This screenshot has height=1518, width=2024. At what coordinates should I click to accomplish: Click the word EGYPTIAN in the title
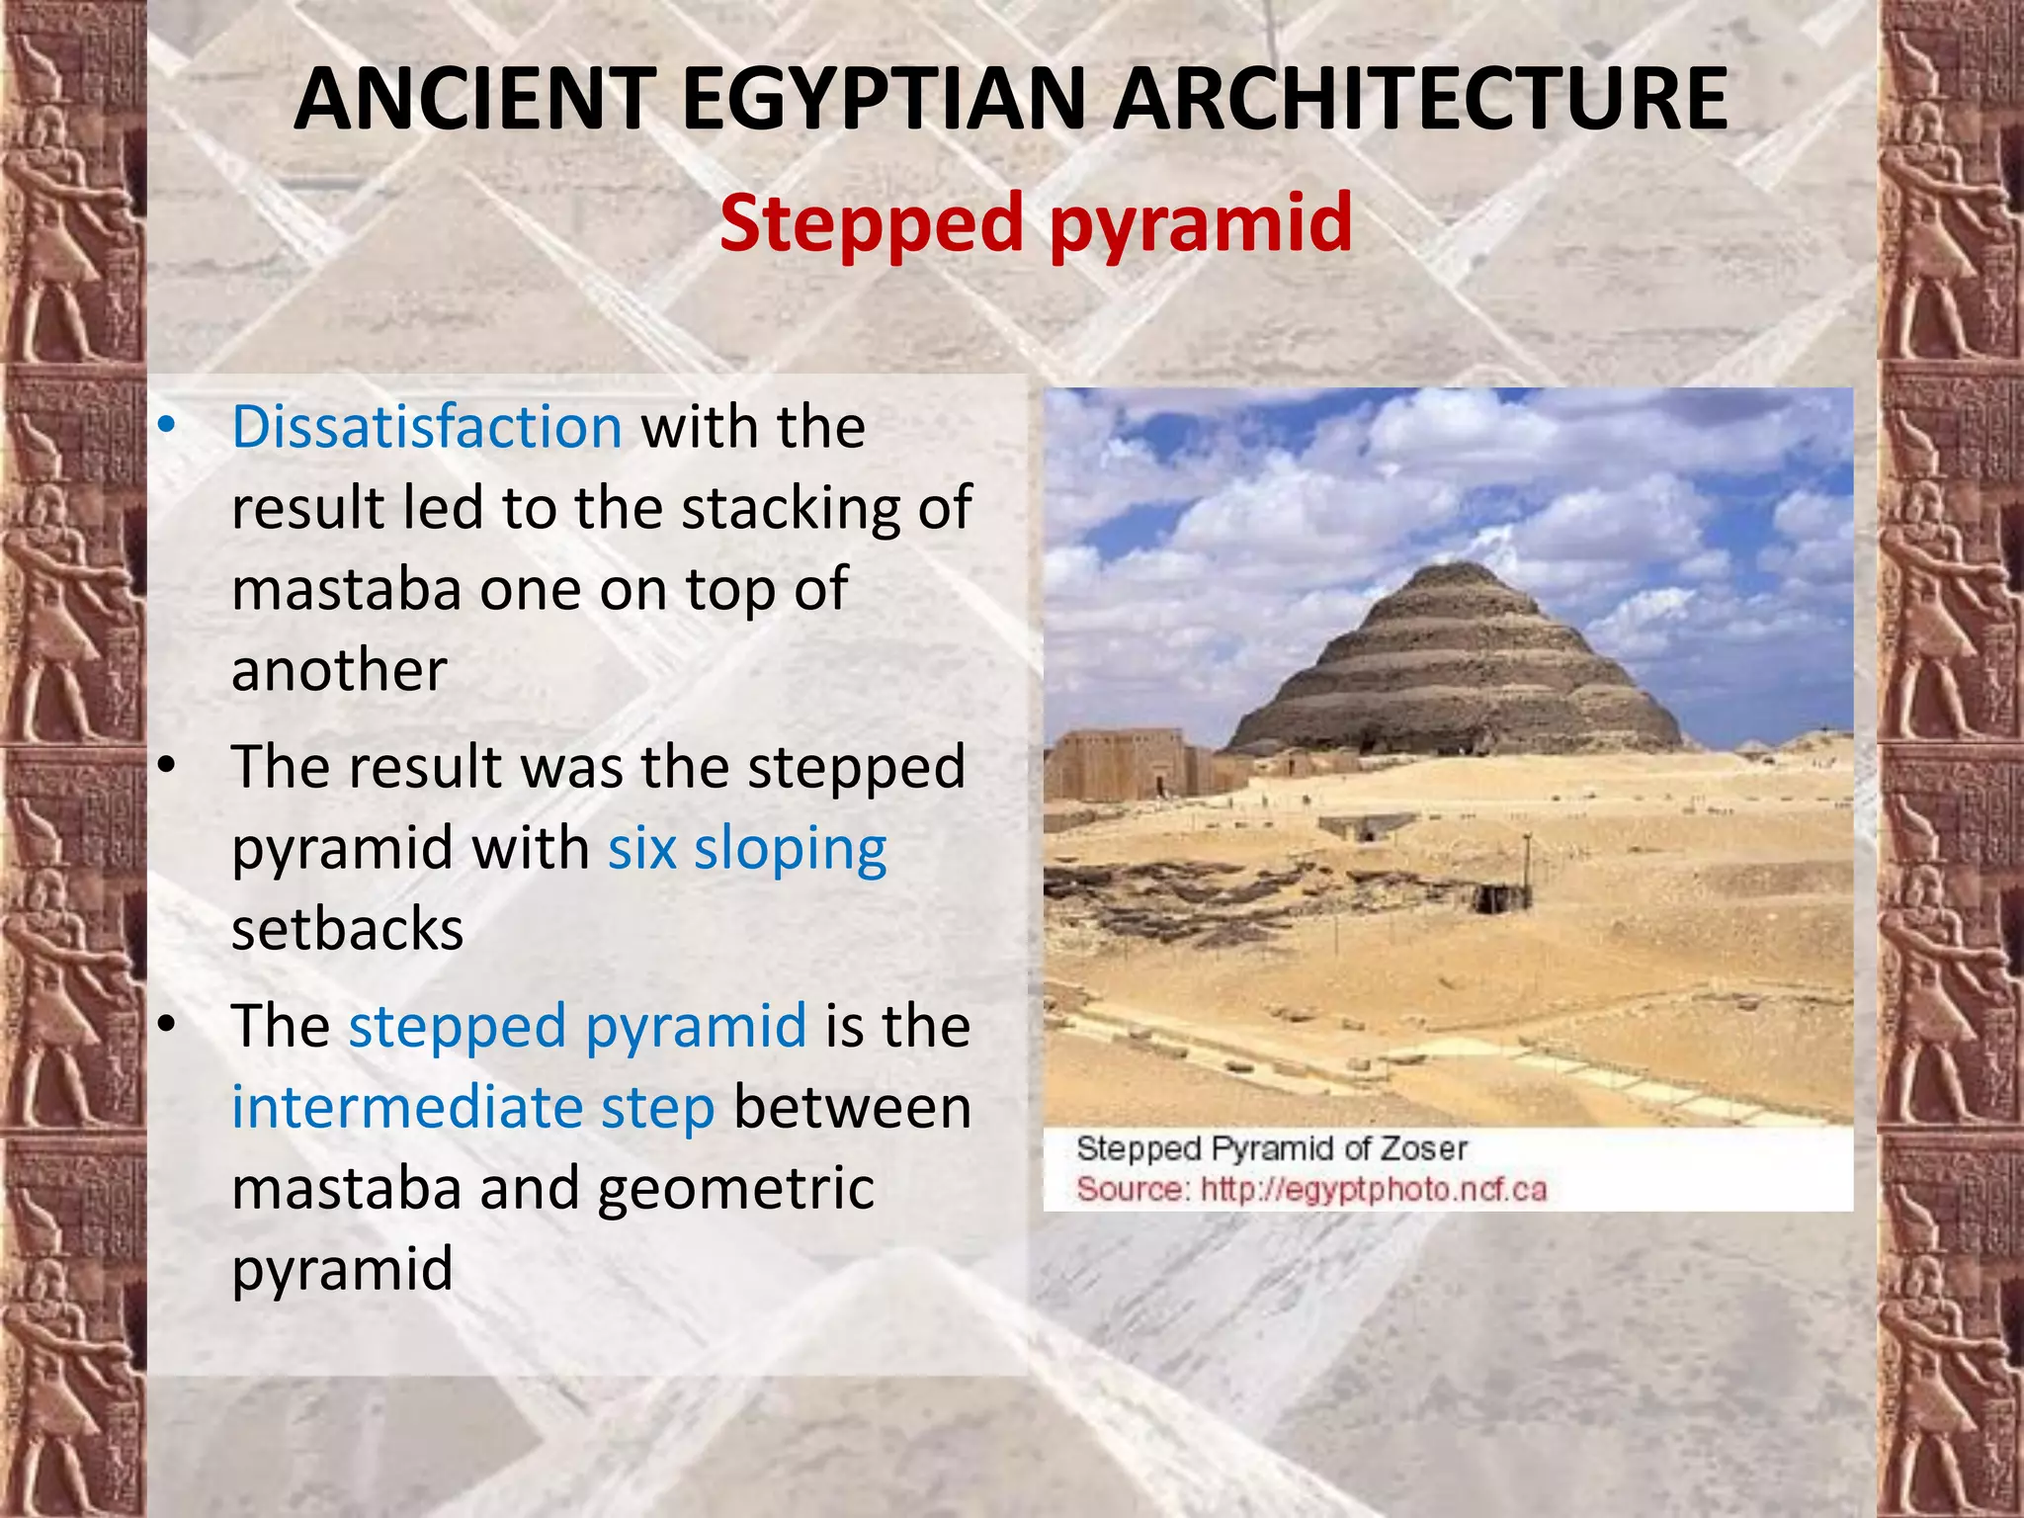883,99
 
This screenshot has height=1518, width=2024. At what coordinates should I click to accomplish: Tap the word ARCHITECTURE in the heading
1419,99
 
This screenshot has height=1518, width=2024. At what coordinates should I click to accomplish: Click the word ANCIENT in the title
475,99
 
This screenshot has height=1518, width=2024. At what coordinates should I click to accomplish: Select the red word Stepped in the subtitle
871,224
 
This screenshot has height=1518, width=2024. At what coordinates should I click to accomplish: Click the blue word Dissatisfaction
427,427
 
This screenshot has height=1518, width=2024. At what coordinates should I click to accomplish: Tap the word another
339,671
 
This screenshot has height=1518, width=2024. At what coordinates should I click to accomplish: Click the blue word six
641,849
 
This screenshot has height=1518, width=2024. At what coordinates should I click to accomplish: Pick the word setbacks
347,930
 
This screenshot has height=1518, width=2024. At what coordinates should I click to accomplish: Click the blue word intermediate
407,1108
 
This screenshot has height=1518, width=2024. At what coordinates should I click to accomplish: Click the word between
852,1108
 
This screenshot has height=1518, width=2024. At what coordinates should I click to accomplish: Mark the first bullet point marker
167,427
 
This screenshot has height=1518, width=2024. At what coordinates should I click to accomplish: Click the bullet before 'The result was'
167,767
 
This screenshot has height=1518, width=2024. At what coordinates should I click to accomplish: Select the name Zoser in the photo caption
1423,1148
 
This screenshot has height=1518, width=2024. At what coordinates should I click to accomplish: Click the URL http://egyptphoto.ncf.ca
1373,1189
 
